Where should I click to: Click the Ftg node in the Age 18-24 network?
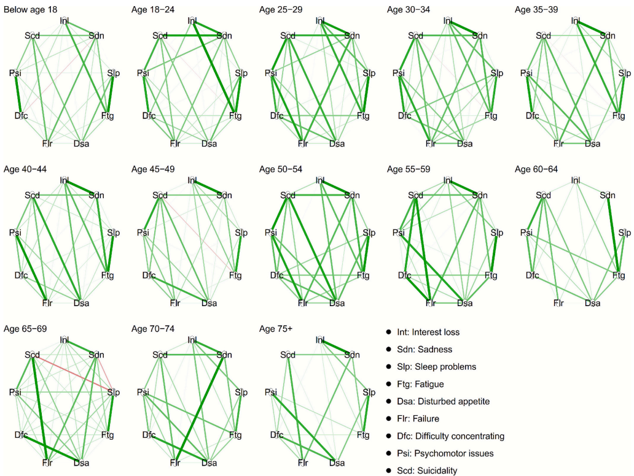[x=235, y=115]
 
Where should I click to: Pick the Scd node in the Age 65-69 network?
[x=33, y=355]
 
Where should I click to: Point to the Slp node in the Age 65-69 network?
[x=113, y=392]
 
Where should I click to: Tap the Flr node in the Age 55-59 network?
[x=431, y=303]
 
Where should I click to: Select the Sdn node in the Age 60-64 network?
[x=607, y=196]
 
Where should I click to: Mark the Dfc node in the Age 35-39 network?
[x=532, y=115]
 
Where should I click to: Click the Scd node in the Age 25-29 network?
[x=288, y=36]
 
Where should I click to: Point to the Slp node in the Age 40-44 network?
[x=113, y=232]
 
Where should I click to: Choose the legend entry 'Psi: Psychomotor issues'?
[x=442, y=453]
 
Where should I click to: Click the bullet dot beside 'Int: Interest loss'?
[x=388, y=332]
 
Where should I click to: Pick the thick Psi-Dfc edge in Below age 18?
[x=18, y=95]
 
